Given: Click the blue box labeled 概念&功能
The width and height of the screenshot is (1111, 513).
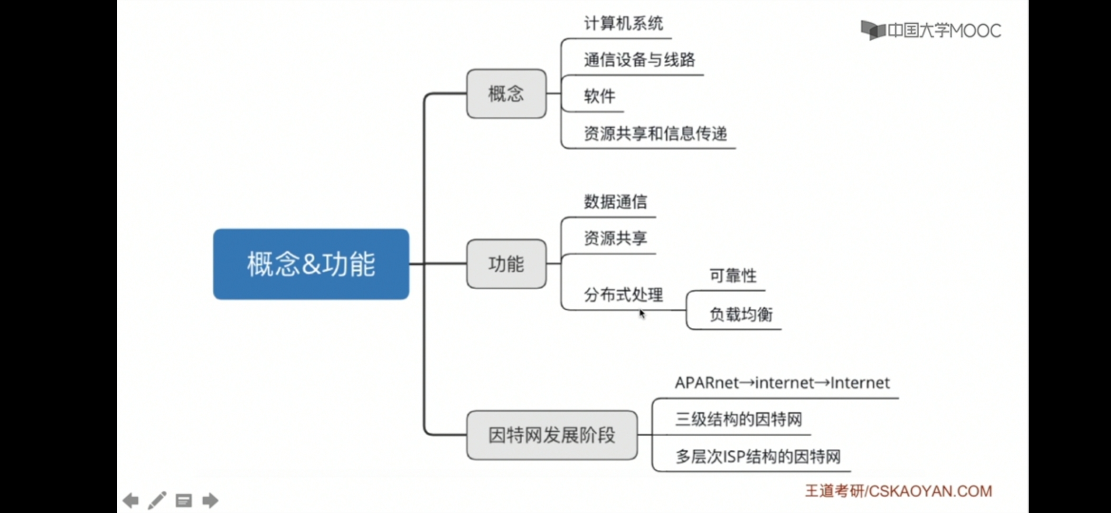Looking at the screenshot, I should [x=311, y=264].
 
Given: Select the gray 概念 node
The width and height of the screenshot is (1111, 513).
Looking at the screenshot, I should [x=506, y=94].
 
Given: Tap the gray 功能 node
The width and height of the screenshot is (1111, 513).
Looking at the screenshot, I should [x=506, y=264].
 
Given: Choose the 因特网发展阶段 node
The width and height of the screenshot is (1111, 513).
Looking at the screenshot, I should [x=552, y=435].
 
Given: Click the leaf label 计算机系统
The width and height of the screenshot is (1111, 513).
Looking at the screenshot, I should [x=623, y=23].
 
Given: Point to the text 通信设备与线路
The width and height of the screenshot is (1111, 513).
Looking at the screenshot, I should [x=639, y=60].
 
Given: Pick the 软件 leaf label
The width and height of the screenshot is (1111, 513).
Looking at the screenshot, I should [x=600, y=96].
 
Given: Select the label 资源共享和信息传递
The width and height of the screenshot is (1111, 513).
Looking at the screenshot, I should [x=655, y=133].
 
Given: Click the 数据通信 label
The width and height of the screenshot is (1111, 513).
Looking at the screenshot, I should [x=615, y=202].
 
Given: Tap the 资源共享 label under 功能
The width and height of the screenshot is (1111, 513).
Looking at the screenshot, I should [x=615, y=238].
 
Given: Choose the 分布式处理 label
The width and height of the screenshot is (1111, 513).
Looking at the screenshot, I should [x=623, y=295].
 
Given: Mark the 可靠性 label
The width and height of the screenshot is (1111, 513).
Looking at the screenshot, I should [x=733, y=275].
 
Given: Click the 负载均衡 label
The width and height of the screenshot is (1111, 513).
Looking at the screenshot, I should [x=741, y=314].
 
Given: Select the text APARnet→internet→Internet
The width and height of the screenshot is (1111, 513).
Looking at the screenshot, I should [x=782, y=383].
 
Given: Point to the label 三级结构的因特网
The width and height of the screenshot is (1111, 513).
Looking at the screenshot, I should [x=738, y=419].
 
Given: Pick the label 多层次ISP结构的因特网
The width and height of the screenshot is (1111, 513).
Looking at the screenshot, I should [x=758, y=456].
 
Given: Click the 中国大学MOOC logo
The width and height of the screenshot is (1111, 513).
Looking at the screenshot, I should [x=931, y=31].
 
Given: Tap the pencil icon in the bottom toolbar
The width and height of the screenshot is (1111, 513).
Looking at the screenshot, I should [x=157, y=500].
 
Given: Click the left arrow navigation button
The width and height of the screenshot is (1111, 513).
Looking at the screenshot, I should [x=131, y=500].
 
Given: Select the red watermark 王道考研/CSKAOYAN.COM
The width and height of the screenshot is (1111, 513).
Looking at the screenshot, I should [x=898, y=491].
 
